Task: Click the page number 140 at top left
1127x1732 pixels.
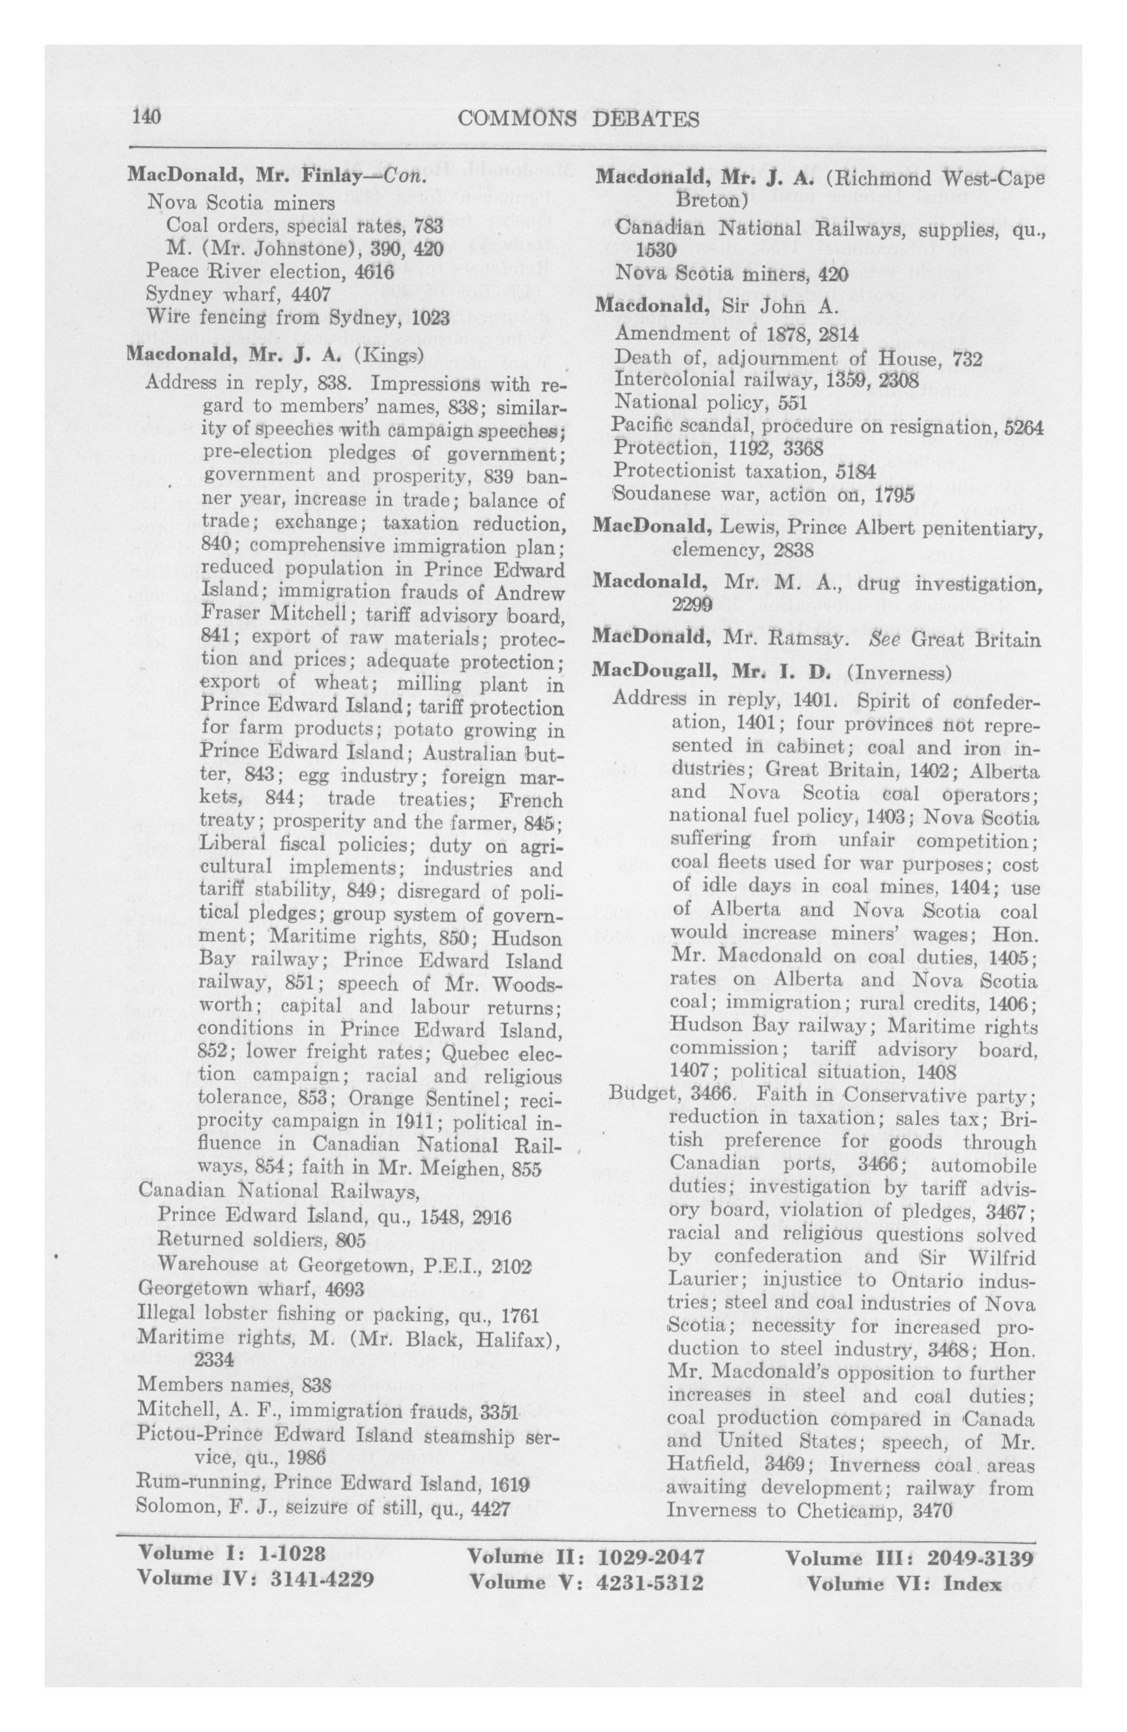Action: (x=145, y=117)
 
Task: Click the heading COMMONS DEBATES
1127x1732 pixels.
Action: (x=579, y=119)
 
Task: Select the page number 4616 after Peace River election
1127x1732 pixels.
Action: (x=373, y=272)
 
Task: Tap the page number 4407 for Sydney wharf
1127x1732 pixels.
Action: (x=311, y=295)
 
